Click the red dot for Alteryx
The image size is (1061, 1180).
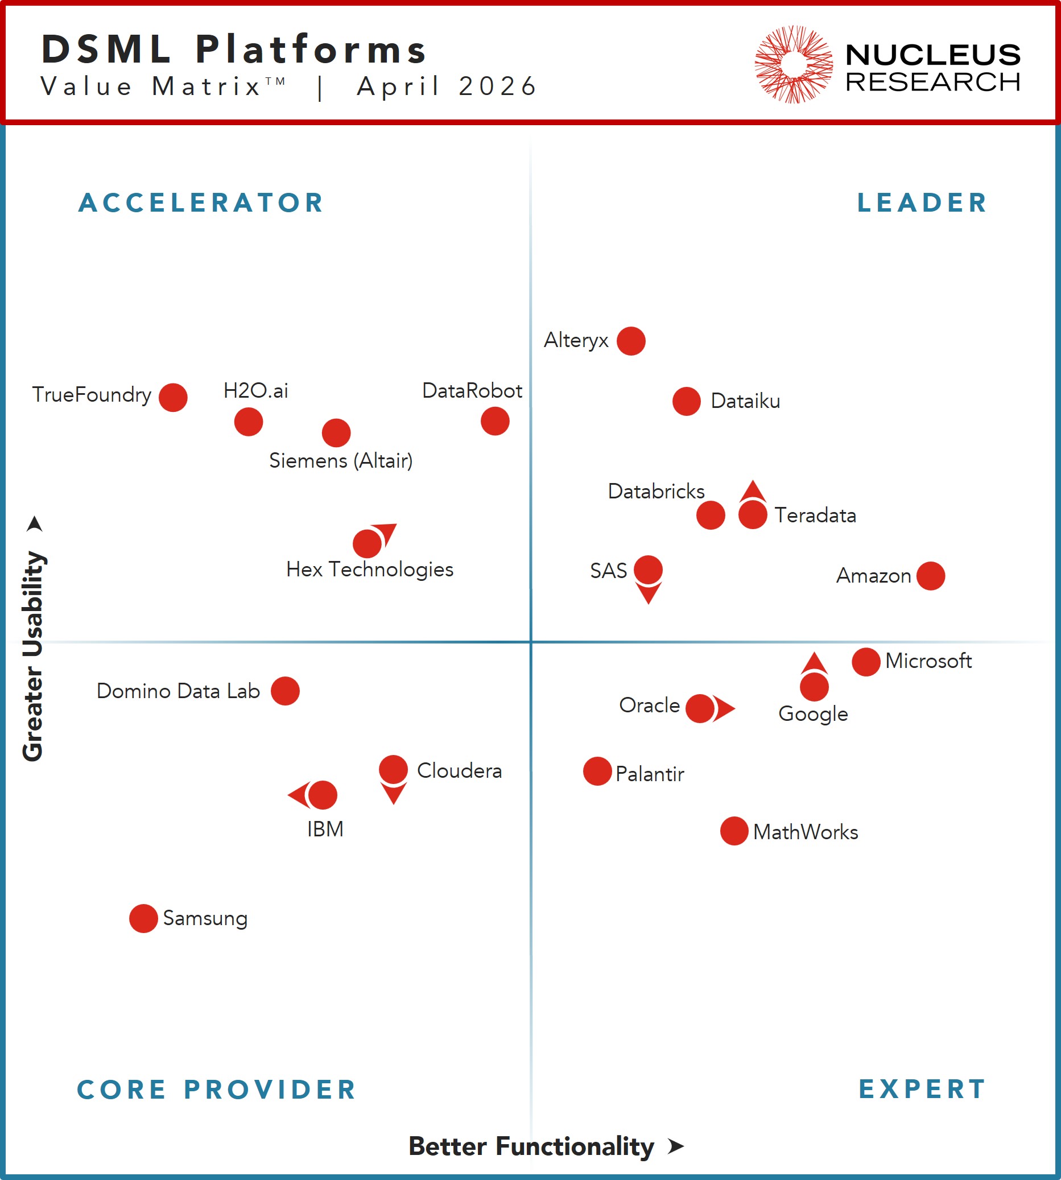click(x=631, y=341)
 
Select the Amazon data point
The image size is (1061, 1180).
click(x=930, y=576)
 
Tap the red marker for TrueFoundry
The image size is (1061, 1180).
click(x=173, y=398)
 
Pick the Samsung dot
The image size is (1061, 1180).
click(x=143, y=919)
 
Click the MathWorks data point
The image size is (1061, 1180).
click(x=734, y=831)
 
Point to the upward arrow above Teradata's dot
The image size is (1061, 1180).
click(x=753, y=491)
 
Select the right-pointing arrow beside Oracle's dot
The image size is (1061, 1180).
click(x=724, y=709)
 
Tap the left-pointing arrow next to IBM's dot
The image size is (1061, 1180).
click(x=299, y=795)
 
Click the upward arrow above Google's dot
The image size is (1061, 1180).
click(x=815, y=663)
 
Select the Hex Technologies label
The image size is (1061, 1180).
click(x=370, y=570)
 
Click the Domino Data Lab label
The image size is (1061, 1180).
click(x=179, y=691)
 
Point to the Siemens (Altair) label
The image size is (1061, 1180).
click(x=341, y=461)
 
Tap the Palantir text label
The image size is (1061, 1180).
click(x=650, y=774)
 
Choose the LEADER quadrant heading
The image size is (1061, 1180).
click(x=922, y=203)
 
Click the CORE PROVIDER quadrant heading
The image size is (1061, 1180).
click(x=217, y=1090)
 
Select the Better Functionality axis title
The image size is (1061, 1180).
click(x=531, y=1146)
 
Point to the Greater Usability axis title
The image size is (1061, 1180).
click(x=32, y=656)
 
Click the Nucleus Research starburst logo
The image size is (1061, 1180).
click(x=794, y=64)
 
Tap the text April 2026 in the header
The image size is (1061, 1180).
click(x=447, y=86)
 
